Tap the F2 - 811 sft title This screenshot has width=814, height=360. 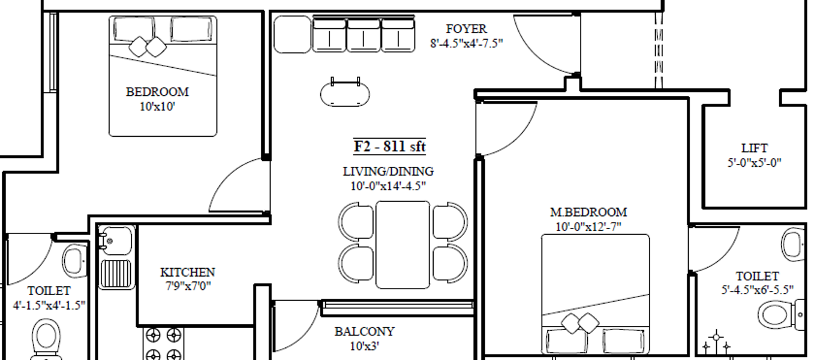[389, 146]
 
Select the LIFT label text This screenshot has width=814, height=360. [755, 148]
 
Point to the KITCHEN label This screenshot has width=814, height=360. [188, 272]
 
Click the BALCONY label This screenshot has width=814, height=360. [365, 332]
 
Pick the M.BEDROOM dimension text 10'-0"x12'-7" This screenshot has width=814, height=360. [588, 227]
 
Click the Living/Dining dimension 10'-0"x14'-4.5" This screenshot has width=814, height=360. [388, 186]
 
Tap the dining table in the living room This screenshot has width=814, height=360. [403, 245]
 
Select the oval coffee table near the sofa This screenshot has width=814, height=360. [345, 94]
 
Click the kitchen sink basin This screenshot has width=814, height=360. [116, 241]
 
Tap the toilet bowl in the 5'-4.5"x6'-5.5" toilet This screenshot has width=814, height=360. [780, 315]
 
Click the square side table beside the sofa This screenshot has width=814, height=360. [293, 35]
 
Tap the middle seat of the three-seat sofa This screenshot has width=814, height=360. [364, 35]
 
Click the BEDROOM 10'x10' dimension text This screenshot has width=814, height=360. [157, 107]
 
